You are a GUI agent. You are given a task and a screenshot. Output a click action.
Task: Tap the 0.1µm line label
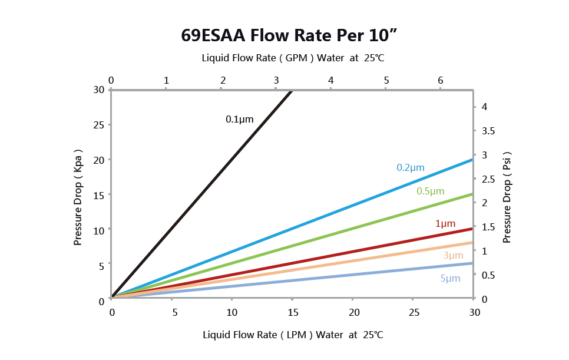(x=239, y=119)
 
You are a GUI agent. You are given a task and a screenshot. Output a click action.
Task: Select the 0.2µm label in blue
(x=410, y=167)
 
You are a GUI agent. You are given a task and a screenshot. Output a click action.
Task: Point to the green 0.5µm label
(x=430, y=191)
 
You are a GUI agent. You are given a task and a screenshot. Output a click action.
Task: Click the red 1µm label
(x=445, y=223)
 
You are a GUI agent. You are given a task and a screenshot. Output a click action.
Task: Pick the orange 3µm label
(x=453, y=255)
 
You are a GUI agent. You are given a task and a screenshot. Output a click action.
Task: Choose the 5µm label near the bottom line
(x=450, y=278)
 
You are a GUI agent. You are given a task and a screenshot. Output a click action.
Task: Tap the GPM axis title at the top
(x=293, y=58)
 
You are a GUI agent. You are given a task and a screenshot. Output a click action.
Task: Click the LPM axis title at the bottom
(x=293, y=335)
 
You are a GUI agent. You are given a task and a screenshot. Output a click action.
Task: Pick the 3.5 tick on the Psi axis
(x=489, y=130)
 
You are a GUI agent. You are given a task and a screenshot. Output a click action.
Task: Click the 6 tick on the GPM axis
(x=440, y=80)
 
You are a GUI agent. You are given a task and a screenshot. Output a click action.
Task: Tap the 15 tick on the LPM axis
(x=293, y=312)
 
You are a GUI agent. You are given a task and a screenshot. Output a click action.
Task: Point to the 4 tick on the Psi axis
(x=484, y=107)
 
